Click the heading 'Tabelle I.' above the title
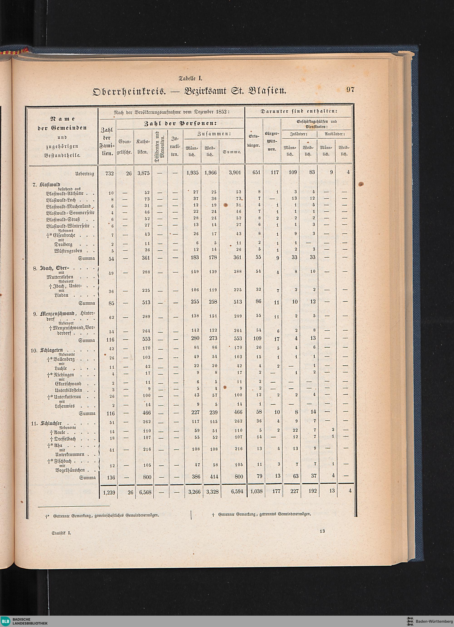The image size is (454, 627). (191, 78)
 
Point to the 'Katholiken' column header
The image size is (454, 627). (143, 147)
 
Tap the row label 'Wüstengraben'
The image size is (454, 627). (68, 251)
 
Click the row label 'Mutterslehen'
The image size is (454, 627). (60, 277)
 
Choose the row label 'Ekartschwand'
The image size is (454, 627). (68, 384)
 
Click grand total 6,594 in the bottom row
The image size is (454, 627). (235, 491)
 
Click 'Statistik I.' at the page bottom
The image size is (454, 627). (61, 533)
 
